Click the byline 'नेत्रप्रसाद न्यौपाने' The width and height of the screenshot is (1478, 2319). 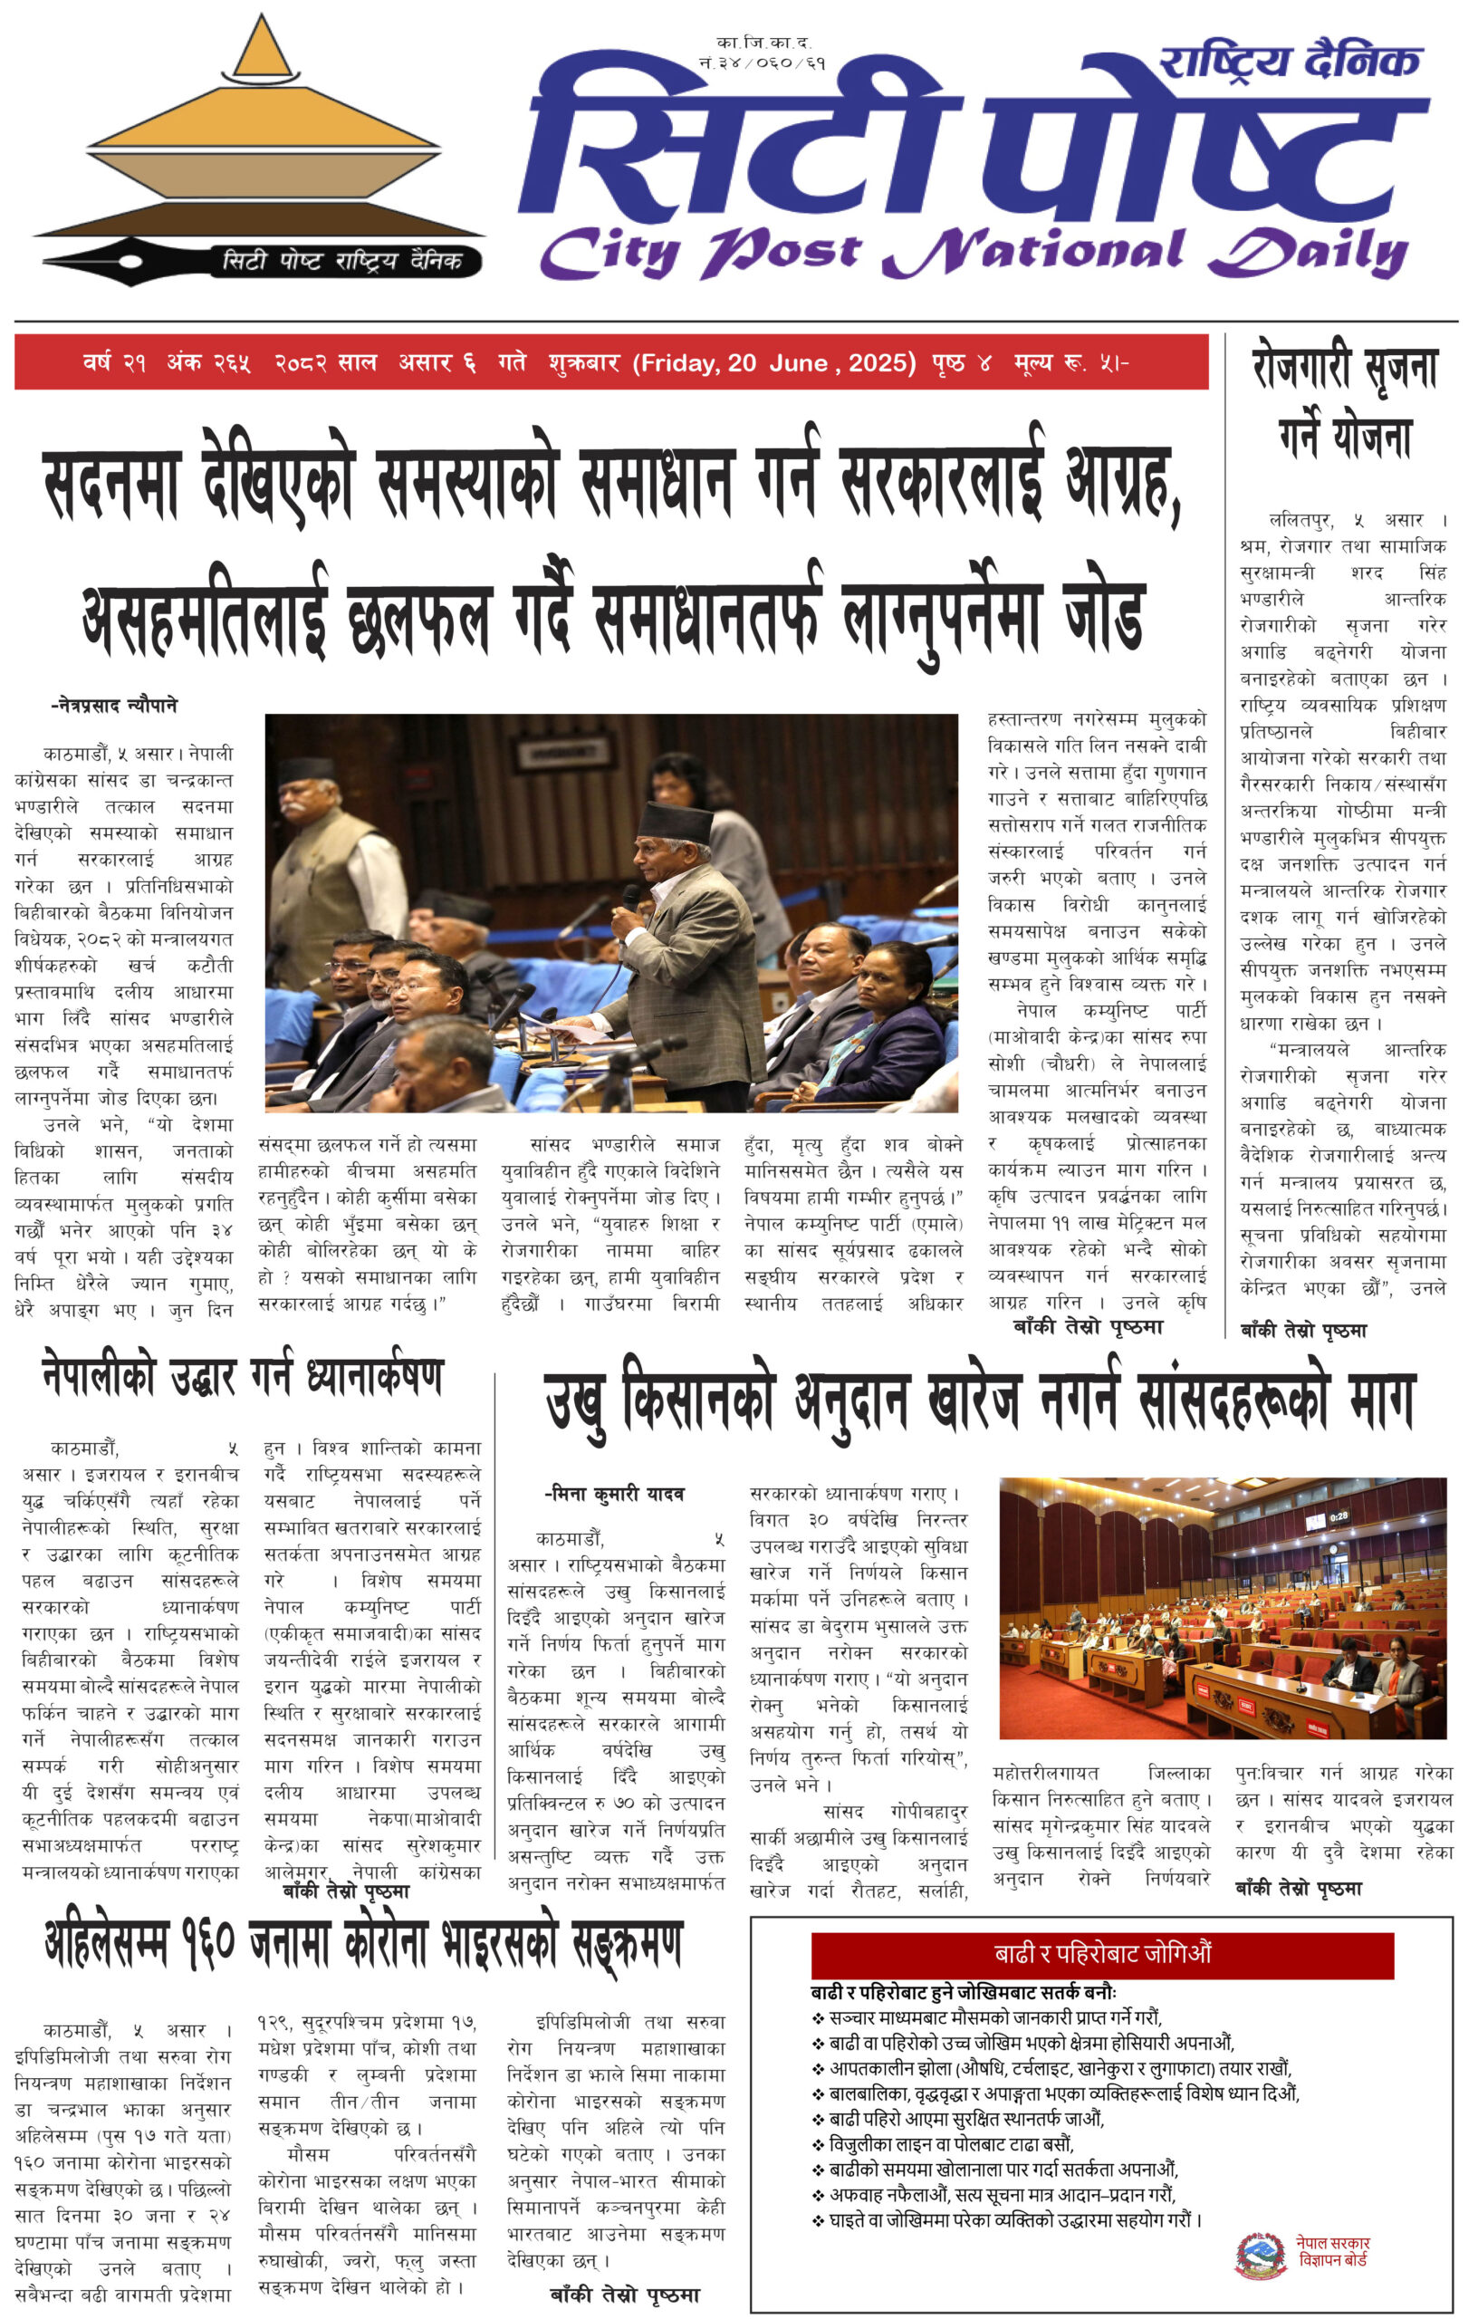[x=115, y=705]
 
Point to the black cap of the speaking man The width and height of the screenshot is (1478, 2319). [x=674, y=823]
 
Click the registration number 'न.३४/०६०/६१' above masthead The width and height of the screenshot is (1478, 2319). [x=763, y=63]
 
